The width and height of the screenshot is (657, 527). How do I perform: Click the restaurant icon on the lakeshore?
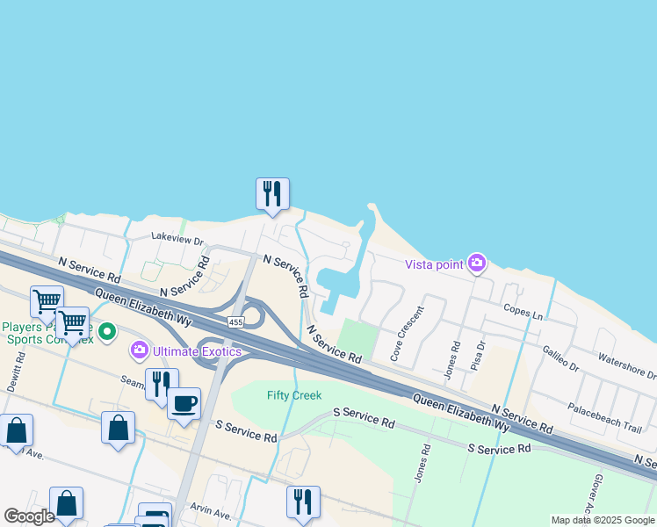click(272, 193)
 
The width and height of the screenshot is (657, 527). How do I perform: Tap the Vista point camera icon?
click(477, 263)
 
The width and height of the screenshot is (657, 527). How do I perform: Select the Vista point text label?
click(435, 264)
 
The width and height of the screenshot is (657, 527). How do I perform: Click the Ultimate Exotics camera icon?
click(140, 351)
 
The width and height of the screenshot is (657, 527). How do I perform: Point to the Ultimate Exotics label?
click(197, 352)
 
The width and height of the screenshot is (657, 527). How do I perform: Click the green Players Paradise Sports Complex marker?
click(107, 332)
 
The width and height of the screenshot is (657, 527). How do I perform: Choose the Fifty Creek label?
click(294, 395)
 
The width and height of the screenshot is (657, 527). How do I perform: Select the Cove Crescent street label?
click(407, 334)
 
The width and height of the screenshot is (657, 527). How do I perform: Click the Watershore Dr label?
click(626, 366)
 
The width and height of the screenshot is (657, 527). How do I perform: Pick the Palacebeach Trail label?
click(604, 415)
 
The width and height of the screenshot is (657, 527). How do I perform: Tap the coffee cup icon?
click(184, 403)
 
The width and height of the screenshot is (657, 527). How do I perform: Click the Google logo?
click(30, 516)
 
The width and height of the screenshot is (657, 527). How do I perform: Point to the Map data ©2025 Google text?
click(602, 520)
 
